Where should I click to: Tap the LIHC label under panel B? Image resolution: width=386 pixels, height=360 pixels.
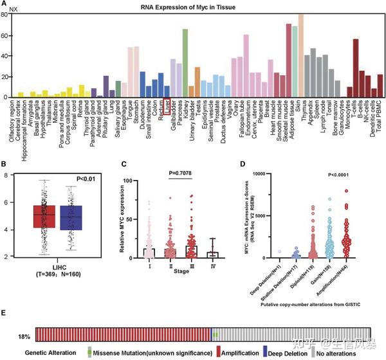pyautogui.click(x=61, y=265)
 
